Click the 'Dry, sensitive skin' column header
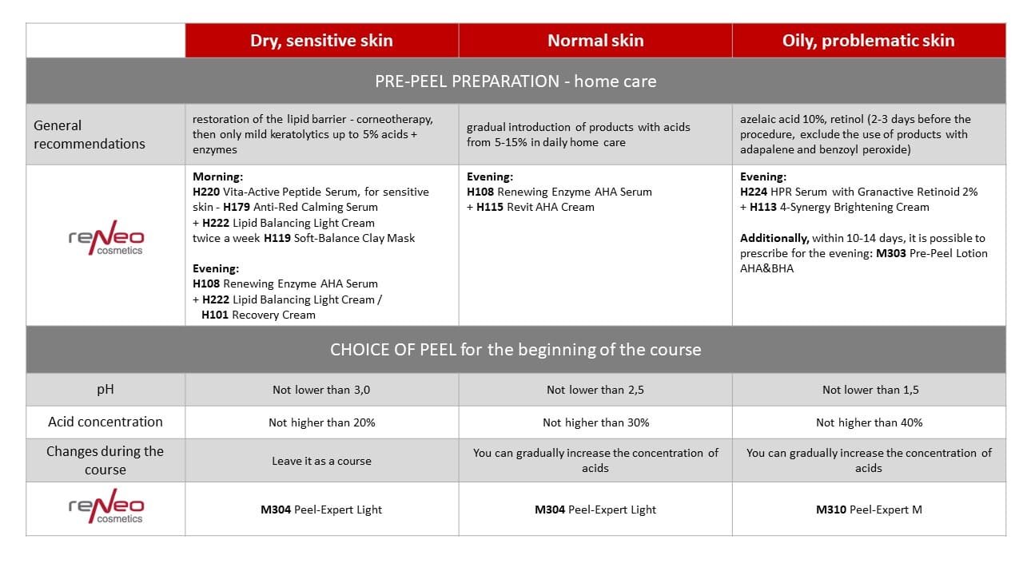(x=321, y=41)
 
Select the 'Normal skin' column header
(x=595, y=41)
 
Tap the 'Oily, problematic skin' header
(x=869, y=41)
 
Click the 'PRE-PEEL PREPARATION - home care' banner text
(x=515, y=81)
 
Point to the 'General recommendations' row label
(x=90, y=134)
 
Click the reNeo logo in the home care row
(x=105, y=238)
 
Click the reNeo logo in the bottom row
(x=105, y=507)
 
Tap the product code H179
(x=237, y=208)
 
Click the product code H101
(x=215, y=315)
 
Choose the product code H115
(x=490, y=207)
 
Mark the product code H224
(x=754, y=192)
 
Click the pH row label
(x=105, y=389)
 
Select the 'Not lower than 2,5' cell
(x=595, y=390)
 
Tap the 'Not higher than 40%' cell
(x=869, y=422)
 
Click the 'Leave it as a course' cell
(x=321, y=461)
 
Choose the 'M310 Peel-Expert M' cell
(x=869, y=510)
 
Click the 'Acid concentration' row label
(x=105, y=422)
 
